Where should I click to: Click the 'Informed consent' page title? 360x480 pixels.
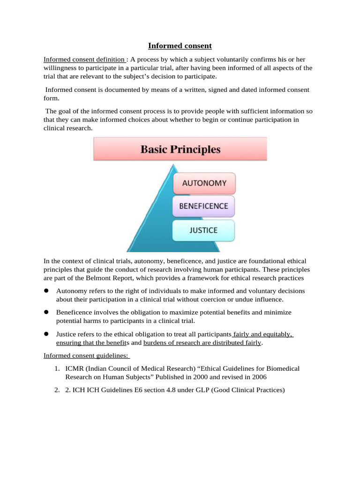[x=180, y=46]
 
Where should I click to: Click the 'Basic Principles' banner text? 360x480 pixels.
[x=180, y=150]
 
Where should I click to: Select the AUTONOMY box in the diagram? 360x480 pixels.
[x=204, y=183]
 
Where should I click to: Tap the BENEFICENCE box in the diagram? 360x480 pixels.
[x=204, y=206]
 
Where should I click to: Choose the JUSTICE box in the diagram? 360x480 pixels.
[x=203, y=231]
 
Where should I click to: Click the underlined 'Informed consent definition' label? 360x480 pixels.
[x=84, y=60]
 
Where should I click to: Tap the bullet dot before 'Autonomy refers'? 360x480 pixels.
[x=47, y=291]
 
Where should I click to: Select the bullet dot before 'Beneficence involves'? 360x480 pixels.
[x=47, y=312]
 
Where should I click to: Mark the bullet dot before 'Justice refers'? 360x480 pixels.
[x=47, y=334]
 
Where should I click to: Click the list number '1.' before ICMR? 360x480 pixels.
[x=57, y=368]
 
